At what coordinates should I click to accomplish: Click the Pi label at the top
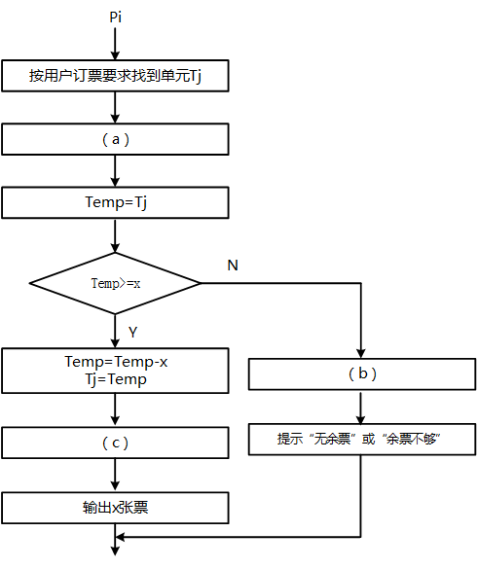coord(116,18)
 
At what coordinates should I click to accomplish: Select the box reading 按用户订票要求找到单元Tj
coord(116,75)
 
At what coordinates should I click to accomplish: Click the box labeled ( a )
coord(116,139)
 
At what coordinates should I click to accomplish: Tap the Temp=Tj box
coord(116,202)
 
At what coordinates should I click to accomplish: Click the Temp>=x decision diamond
coord(116,283)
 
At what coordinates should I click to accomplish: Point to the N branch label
coord(233,266)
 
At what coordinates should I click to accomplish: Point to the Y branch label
coord(132,333)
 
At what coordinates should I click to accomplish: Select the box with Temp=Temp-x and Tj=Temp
coord(116,371)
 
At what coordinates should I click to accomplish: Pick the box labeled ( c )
coord(116,443)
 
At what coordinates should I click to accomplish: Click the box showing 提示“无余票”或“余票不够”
coord(361,439)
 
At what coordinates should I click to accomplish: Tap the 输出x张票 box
coord(116,508)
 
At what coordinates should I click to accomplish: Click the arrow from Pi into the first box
coord(116,44)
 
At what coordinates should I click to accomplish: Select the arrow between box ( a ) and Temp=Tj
coord(116,171)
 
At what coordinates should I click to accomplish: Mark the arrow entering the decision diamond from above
coord(116,235)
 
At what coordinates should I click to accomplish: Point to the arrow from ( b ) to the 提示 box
coord(361,407)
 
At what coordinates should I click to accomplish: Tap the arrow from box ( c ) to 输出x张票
coord(116,476)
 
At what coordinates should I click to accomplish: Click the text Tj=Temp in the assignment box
coord(116,379)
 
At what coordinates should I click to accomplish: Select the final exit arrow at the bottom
coord(116,547)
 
